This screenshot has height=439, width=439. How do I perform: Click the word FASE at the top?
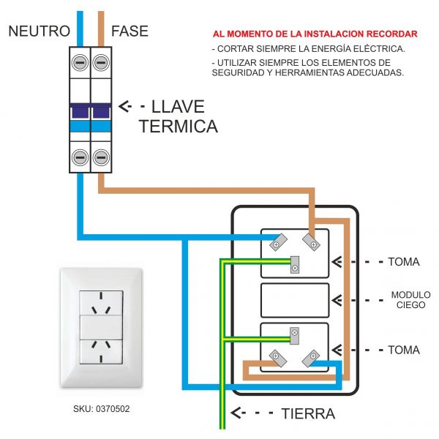click(x=130, y=31)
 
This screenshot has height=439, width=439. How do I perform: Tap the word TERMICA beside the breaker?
click(x=178, y=126)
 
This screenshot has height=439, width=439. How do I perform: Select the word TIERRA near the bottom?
click(x=308, y=413)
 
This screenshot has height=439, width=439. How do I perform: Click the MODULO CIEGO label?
click(x=410, y=299)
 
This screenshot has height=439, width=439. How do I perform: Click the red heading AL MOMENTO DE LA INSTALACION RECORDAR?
click(x=315, y=34)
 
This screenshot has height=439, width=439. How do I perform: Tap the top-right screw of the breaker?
click(x=101, y=63)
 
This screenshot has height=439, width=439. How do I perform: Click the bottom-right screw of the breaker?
click(x=101, y=157)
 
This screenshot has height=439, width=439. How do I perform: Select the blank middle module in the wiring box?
click(x=295, y=300)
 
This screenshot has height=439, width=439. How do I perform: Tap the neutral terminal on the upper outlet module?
click(x=277, y=241)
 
